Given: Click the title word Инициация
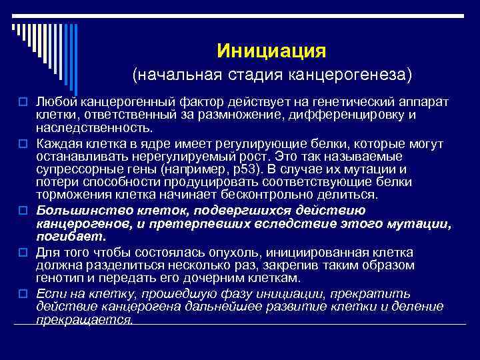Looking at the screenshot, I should coord(271,51).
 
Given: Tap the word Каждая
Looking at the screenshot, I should coord(59,143).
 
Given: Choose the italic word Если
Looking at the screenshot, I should coord(49,294).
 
